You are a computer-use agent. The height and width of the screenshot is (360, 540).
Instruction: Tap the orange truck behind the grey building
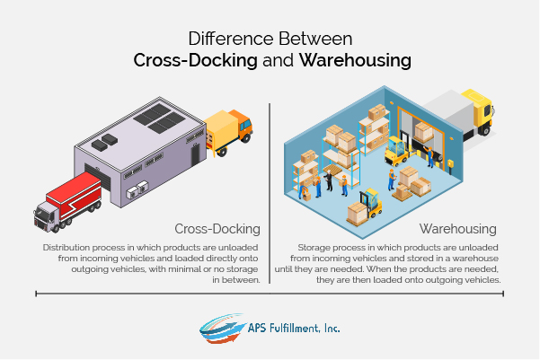(228, 129)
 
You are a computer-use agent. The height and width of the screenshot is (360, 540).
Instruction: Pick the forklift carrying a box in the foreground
(367, 205)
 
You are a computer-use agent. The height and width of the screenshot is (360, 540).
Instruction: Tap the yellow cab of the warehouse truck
(481, 110)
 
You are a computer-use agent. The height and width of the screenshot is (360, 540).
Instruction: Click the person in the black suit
(342, 184)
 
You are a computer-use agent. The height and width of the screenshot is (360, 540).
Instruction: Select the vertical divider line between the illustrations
(270, 193)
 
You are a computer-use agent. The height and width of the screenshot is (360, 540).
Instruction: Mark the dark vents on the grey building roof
(106, 140)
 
